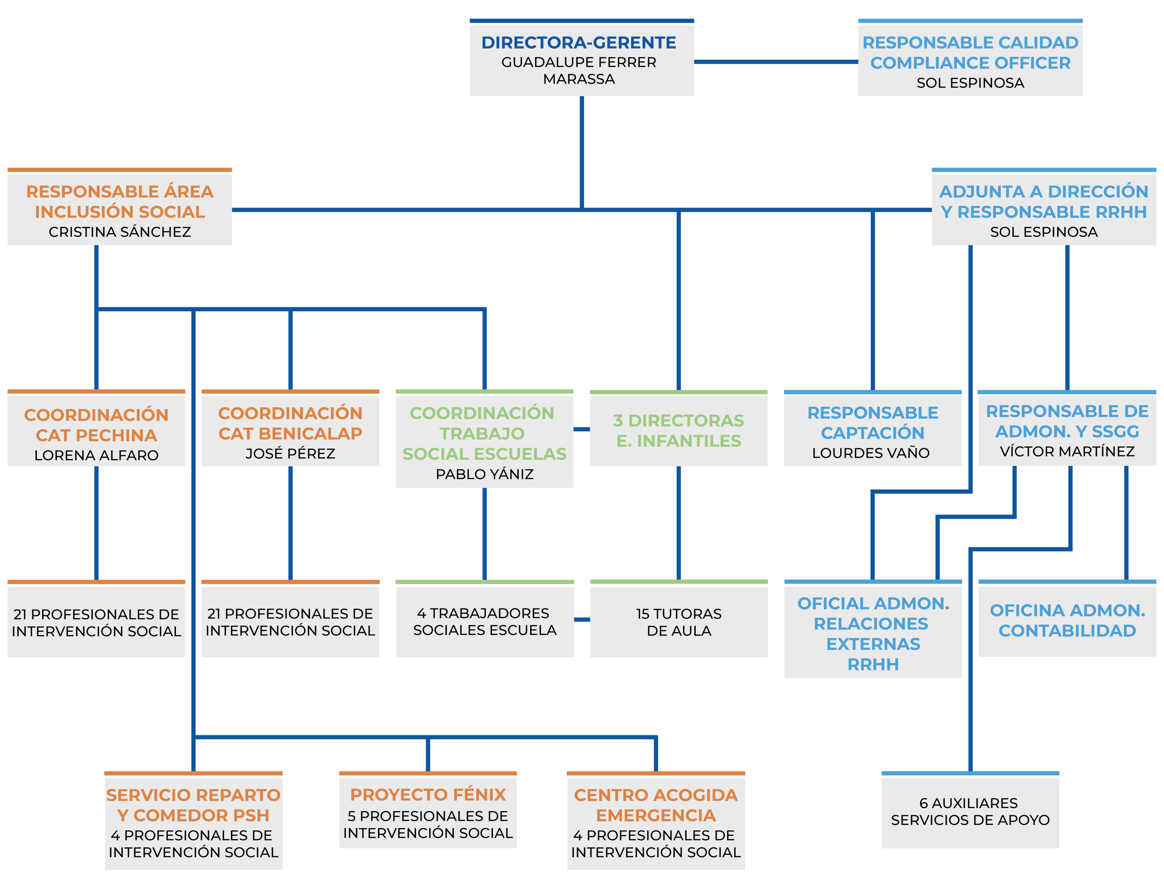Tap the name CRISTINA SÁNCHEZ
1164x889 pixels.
[120, 232]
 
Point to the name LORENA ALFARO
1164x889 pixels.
[96, 455]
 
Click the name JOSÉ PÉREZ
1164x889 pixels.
[290, 454]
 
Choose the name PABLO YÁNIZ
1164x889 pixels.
[484, 474]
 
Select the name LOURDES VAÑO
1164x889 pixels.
[870, 453]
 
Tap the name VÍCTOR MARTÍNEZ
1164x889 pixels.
[1067, 451]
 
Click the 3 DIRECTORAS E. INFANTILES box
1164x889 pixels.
[678, 430]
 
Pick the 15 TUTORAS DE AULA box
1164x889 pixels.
[678, 622]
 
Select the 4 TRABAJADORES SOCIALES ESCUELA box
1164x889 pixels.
[484, 621]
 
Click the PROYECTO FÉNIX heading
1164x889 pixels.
[428, 794]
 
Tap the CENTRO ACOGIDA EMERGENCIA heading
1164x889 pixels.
[655, 805]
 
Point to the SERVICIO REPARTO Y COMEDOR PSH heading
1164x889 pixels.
[193, 805]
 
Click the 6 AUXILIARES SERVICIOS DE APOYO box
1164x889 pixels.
[970, 811]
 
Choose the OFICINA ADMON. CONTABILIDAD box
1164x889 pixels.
[1067, 620]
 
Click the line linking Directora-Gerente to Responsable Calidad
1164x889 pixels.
[776, 62]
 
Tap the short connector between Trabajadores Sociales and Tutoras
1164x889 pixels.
[582, 619]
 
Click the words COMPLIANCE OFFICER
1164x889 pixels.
[970, 63]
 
